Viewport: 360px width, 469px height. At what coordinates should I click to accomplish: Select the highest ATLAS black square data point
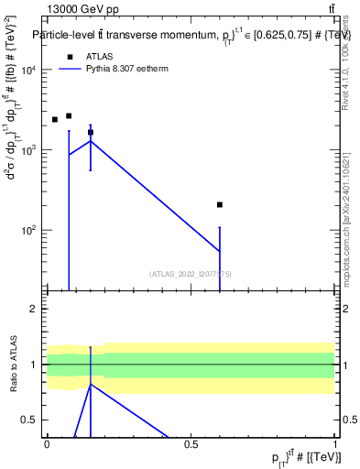point(69,115)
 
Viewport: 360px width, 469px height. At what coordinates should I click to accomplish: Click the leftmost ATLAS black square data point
point(54,119)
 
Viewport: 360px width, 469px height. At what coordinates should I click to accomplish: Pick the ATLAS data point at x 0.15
point(91,132)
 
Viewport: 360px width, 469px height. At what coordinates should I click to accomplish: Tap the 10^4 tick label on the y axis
point(30,70)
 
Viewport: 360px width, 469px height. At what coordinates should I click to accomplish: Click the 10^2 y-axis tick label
point(30,229)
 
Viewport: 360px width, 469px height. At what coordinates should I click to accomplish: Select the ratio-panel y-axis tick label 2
point(36,310)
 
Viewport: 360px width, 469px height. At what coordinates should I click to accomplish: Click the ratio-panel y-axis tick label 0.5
point(31,420)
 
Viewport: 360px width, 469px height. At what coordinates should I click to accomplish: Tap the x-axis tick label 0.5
point(191,445)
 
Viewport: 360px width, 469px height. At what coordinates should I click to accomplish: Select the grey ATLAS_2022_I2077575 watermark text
point(191,273)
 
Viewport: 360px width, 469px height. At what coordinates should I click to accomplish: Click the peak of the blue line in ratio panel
point(91,385)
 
